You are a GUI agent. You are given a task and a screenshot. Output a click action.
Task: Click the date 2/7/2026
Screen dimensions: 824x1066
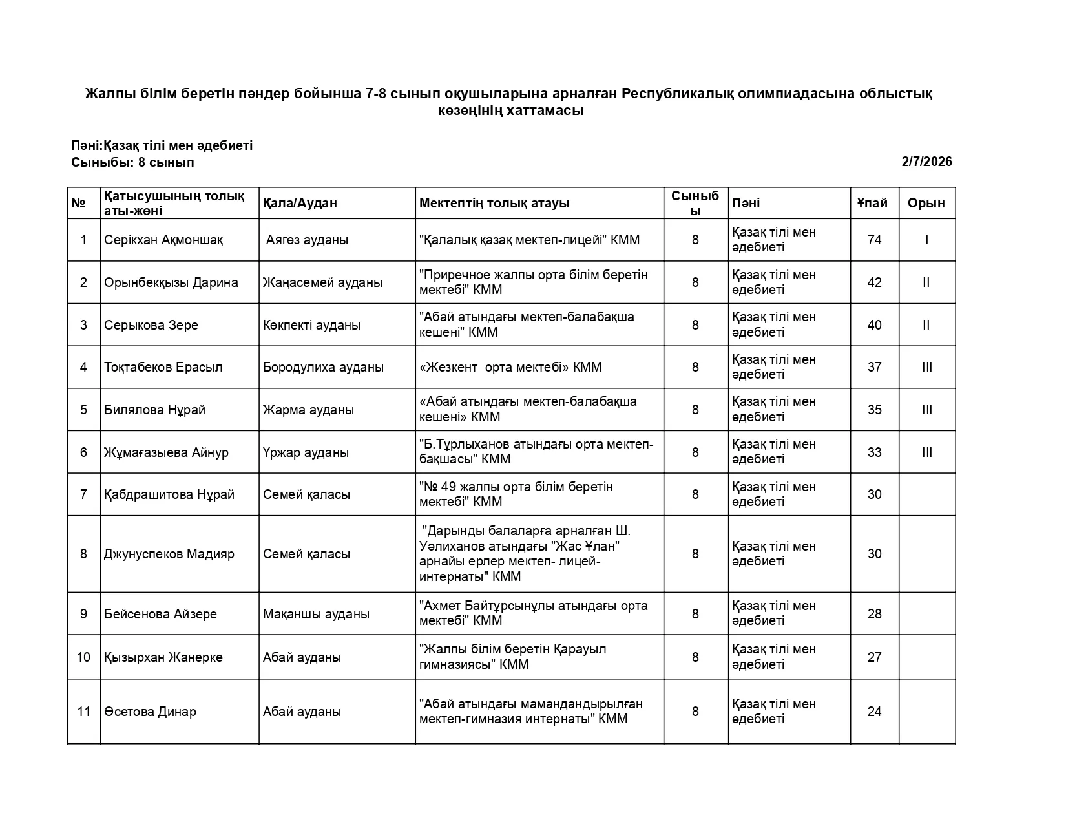pos(926,162)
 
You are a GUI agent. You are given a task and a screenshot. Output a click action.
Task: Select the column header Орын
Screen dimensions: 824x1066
pos(926,204)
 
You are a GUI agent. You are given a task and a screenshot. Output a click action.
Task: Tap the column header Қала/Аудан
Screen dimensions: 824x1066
pos(300,204)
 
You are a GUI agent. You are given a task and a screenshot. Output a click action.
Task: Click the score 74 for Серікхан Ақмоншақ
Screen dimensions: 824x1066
pos(874,240)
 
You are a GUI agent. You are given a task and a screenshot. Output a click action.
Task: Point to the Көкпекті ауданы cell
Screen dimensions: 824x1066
pos(311,325)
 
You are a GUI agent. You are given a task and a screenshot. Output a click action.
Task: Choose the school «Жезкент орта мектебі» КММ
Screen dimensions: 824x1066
pos(510,368)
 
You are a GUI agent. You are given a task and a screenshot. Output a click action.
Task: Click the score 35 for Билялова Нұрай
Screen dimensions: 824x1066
pos(874,410)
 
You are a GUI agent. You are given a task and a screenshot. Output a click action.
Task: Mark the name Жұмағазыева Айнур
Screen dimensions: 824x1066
pos(166,452)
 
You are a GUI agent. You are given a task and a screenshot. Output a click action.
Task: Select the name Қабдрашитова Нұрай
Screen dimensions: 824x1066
pos(169,495)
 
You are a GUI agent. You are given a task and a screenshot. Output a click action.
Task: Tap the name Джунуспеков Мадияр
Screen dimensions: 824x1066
pos(169,555)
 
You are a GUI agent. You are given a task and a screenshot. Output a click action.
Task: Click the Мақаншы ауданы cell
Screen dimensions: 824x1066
pos(316,614)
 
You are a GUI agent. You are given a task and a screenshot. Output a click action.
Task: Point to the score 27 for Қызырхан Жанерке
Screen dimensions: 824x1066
pos(874,658)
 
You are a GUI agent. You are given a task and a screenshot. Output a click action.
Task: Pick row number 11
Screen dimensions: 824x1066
pos(83,712)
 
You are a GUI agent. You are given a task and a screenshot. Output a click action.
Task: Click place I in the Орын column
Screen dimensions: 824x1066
pos(926,240)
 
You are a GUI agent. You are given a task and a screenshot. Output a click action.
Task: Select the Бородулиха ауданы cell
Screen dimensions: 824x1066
pos(323,368)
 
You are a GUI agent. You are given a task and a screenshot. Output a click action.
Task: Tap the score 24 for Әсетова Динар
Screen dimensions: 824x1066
pos(874,712)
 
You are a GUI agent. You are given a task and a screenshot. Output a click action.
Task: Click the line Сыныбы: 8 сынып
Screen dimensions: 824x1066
pos(132,163)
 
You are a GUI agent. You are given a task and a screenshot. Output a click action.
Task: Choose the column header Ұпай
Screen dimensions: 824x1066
pos(872,204)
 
